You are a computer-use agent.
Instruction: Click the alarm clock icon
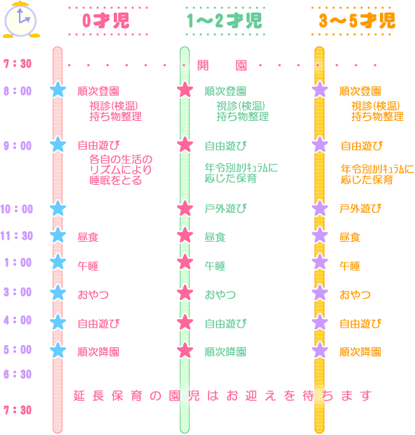click(x=21, y=20)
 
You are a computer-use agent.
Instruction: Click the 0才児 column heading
click(x=106, y=21)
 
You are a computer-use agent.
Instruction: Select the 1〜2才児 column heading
click(x=224, y=21)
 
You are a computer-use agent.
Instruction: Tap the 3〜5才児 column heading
click(x=357, y=21)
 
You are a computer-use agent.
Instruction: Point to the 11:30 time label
click(x=17, y=236)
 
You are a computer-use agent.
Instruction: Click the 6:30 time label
click(x=18, y=374)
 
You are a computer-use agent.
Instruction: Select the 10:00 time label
click(x=17, y=209)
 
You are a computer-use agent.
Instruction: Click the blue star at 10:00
click(x=58, y=208)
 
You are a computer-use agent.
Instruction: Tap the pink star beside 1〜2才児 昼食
click(x=185, y=235)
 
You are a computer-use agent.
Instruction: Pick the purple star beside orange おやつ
click(x=320, y=293)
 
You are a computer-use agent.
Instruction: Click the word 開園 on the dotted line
click(x=222, y=65)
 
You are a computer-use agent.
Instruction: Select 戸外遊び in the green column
click(x=225, y=209)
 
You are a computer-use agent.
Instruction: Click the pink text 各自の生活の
click(x=121, y=160)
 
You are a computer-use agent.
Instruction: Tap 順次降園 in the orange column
click(x=360, y=352)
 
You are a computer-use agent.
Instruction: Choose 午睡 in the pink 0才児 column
click(x=88, y=266)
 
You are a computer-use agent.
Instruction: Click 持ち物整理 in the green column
click(x=242, y=117)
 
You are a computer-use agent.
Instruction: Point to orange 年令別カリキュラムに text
click(x=377, y=169)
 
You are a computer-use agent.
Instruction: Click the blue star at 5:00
click(x=58, y=350)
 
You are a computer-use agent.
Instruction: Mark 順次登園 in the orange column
click(x=360, y=91)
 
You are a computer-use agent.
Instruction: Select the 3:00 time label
click(x=18, y=292)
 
